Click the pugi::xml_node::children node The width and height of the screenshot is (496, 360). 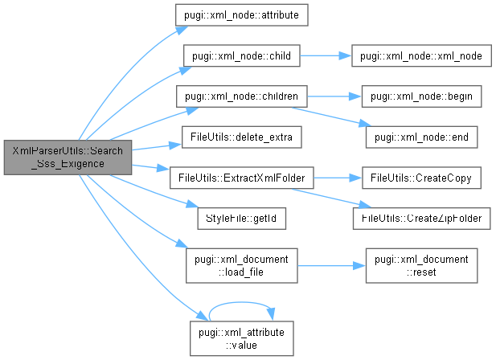(x=242, y=96)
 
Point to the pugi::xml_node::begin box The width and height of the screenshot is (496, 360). (x=415, y=96)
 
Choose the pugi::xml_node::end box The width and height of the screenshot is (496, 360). (x=416, y=137)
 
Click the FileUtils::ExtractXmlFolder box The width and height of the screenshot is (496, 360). (x=242, y=177)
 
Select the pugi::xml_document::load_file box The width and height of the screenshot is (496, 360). (x=242, y=264)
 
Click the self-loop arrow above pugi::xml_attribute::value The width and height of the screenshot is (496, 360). (x=242, y=303)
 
